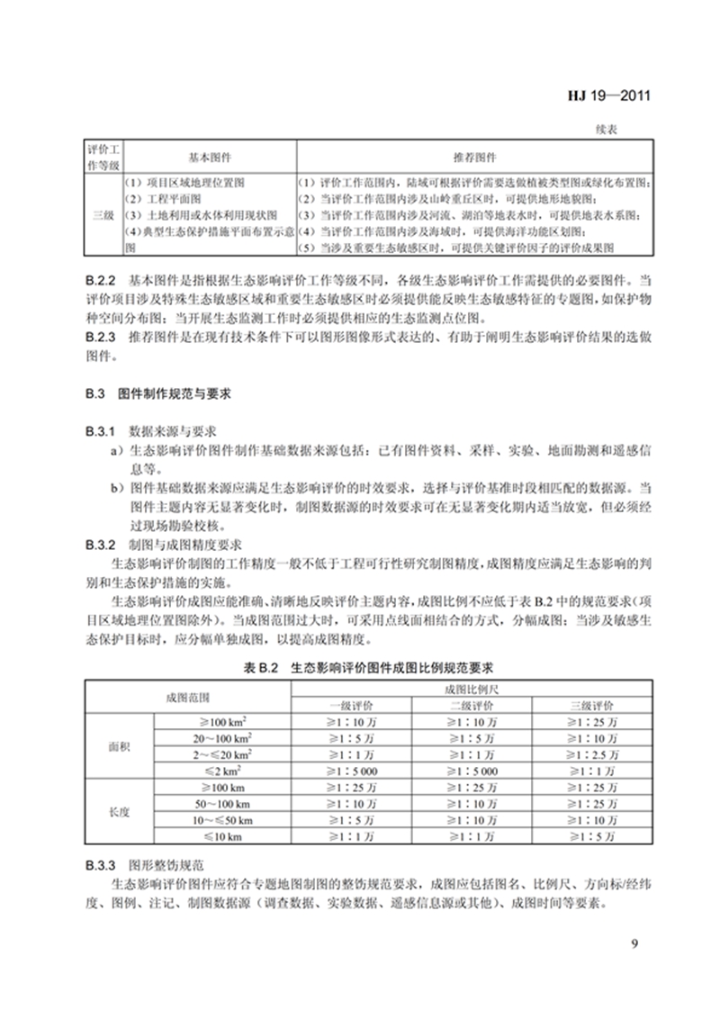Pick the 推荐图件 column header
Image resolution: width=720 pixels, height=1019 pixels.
pyautogui.click(x=465, y=156)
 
